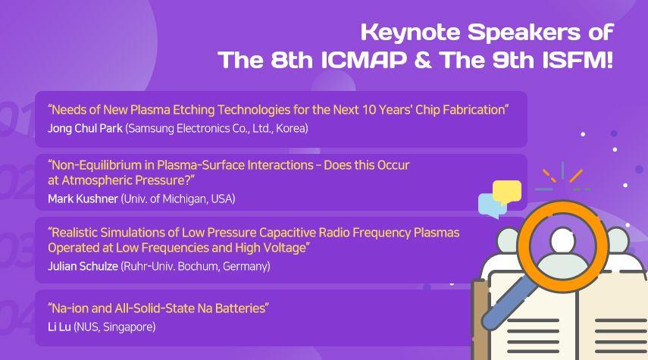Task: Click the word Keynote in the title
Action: pyautogui.click(x=410, y=33)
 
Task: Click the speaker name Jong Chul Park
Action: pyautogui.click(x=85, y=129)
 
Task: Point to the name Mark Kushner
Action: pyautogui.click(x=83, y=199)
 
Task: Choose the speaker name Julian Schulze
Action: pyautogui.click(x=83, y=266)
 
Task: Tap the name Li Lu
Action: pyautogui.click(x=60, y=327)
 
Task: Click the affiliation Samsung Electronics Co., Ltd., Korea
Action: pyautogui.click(x=217, y=129)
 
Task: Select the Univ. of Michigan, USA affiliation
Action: pyautogui.click(x=178, y=199)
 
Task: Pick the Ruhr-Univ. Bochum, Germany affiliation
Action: pyautogui.click(x=196, y=267)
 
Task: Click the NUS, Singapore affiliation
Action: pyautogui.click(x=115, y=327)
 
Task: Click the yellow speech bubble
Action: pyautogui.click(x=507, y=192)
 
